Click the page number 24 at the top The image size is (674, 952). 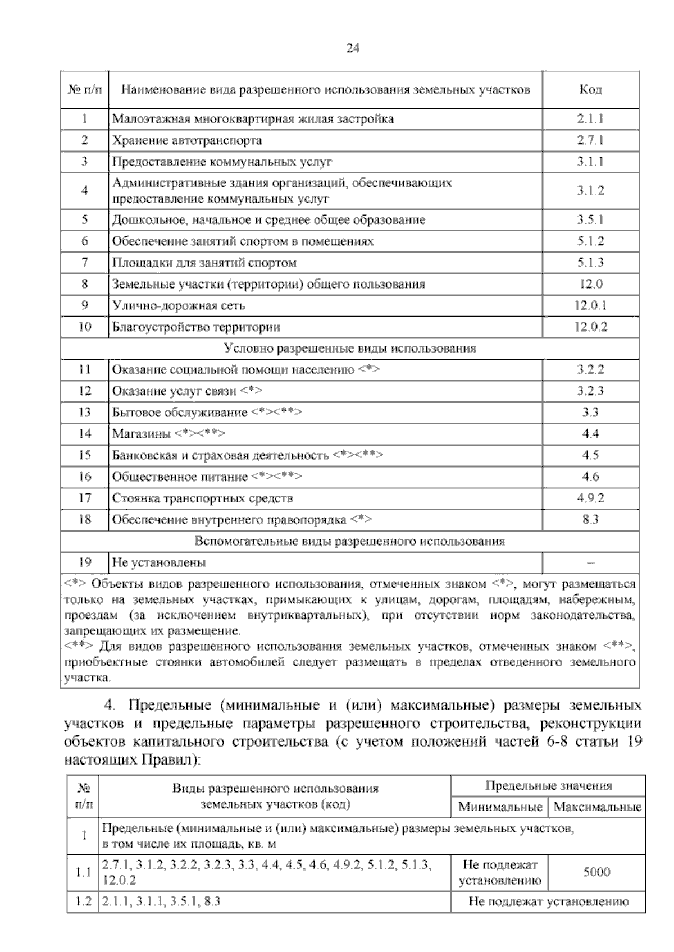point(352,48)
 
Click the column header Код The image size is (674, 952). point(590,89)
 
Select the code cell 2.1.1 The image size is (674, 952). point(590,119)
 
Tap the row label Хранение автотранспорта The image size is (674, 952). point(187,140)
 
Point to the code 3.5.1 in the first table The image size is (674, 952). point(590,220)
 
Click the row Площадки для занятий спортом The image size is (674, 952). point(204,263)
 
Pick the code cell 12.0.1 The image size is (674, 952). point(590,305)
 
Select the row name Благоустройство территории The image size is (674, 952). point(196,327)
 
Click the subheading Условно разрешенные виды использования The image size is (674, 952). point(350,348)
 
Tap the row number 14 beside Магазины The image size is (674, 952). point(84,433)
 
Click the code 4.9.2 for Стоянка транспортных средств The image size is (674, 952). point(590,498)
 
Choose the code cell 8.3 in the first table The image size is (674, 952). point(590,519)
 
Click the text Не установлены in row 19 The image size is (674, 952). point(159,562)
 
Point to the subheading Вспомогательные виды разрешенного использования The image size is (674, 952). point(350,541)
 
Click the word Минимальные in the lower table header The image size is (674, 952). point(499,807)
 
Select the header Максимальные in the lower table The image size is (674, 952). point(597,807)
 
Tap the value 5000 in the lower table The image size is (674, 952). point(596,872)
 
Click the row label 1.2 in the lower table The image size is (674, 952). point(83,902)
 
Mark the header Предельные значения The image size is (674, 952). point(548,786)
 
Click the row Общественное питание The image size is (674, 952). point(180,477)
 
